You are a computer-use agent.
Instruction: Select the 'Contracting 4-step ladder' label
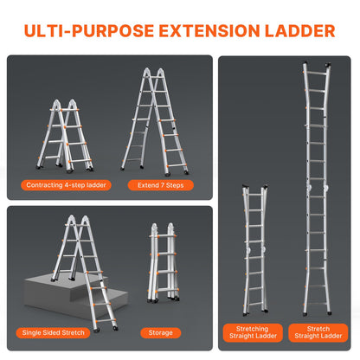click(x=65, y=184)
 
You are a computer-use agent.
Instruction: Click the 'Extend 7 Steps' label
click(x=160, y=184)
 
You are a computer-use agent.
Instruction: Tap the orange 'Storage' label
click(x=160, y=332)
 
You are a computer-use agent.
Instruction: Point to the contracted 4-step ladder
click(x=65, y=134)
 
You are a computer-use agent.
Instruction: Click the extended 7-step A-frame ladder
click(x=160, y=121)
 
